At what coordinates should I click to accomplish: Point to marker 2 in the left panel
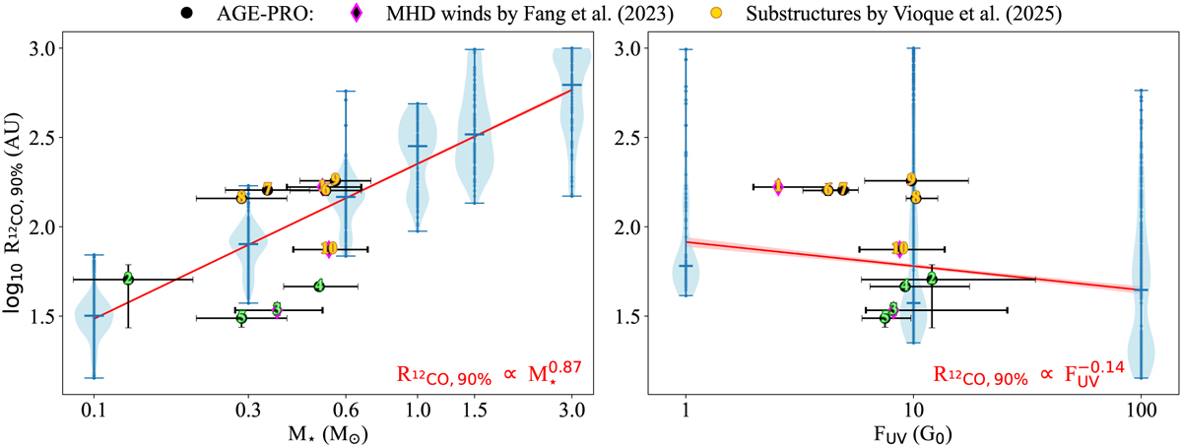pos(128,279)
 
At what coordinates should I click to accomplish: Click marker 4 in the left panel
pos(319,286)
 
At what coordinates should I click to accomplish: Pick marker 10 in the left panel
pos(329,248)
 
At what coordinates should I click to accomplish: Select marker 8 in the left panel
pos(242,197)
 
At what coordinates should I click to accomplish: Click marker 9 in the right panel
pos(911,179)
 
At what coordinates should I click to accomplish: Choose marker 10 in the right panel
pos(899,248)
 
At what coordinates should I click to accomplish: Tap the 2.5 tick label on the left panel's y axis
pos(49,137)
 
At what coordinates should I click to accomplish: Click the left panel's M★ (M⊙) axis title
pos(335,431)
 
